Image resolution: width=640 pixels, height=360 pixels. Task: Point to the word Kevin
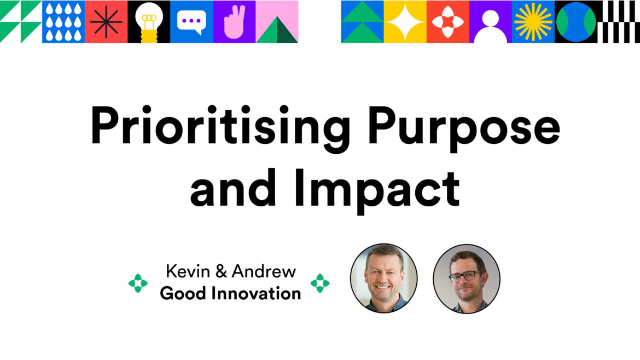pyautogui.click(x=188, y=271)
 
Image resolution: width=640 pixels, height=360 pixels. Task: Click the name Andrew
pyautogui.click(x=264, y=271)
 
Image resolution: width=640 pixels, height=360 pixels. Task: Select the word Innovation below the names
pyautogui.click(x=256, y=293)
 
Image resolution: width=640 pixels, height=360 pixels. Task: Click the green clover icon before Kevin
pyautogui.click(x=138, y=283)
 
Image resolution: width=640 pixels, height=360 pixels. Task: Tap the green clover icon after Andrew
pyautogui.click(x=320, y=283)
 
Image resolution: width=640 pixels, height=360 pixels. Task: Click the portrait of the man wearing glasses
pyautogui.click(x=467, y=279)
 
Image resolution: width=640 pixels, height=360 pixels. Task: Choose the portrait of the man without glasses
pyautogui.click(x=383, y=278)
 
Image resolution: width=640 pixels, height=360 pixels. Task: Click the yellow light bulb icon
pyautogui.click(x=149, y=22)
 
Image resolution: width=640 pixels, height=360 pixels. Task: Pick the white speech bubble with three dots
pyautogui.click(x=191, y=22)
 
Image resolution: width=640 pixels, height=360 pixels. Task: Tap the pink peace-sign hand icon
pyautogui.click(x=234, y=22)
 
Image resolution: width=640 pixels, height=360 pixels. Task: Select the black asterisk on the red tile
pyautogui.click(x=106, y=22)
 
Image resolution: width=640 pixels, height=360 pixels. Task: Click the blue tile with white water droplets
pyautogui.click(x=63, y=22)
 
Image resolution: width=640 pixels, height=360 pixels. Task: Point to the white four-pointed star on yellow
pyautogui.click(x=405, y=22)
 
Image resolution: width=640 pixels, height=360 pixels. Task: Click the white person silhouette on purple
pyautogui.click(x=491, y=27)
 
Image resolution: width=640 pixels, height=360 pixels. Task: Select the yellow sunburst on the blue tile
pyautogui.click(x=533, y=22)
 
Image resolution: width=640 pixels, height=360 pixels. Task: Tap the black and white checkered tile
pyautogui.click(x=619, y=22)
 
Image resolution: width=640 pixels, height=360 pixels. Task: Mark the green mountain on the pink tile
pyautogui.click(x=277, y=31)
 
